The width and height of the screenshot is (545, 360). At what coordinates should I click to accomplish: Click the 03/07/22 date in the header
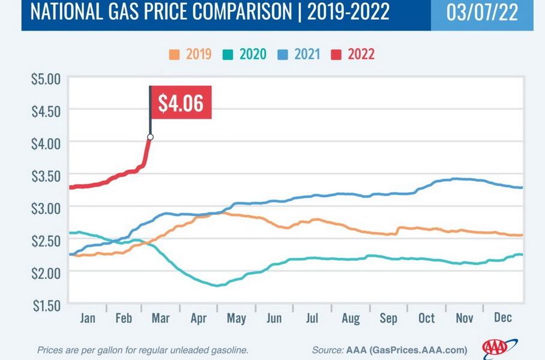(482, 13)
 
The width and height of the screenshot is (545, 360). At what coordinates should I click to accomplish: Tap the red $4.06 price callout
(181, 104)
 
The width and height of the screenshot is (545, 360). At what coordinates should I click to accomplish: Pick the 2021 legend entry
(301, 55)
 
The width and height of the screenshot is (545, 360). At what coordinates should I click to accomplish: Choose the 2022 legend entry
(355, 55)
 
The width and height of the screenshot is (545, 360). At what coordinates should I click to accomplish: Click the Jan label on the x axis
(87, 318)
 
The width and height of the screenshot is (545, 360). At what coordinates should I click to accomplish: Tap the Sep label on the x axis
(388, 318)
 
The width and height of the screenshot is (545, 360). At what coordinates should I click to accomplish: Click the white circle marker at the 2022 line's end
(150, 137)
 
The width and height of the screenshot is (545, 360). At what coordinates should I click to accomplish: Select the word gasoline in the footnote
(226, 350)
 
